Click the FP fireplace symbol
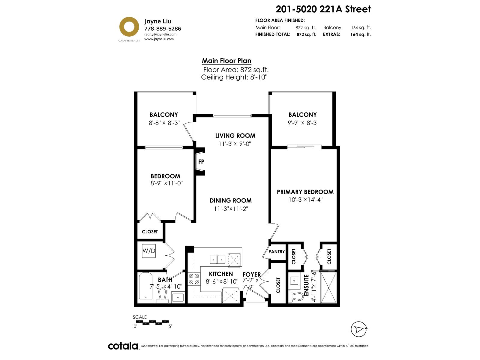pos(200,161)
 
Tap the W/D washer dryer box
pos(149,251)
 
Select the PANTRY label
pos(276,252)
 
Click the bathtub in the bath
pos(145,286)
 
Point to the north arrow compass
pos(359,329)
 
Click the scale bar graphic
pos(152,322)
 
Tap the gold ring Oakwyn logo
pos(129,27)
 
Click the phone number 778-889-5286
pos(163,28)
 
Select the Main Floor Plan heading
pos(226,61)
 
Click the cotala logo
pos(123,346)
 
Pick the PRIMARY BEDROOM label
pos(305,192)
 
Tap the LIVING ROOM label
pos(235,136)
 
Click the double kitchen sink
pos(217,260)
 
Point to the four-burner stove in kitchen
pos(194,279)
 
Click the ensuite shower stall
pos(328,288)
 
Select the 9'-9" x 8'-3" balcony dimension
pos(303,123)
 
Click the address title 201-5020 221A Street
pos(323,9)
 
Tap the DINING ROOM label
pos(230,201)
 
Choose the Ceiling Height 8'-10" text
pos(234,77)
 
